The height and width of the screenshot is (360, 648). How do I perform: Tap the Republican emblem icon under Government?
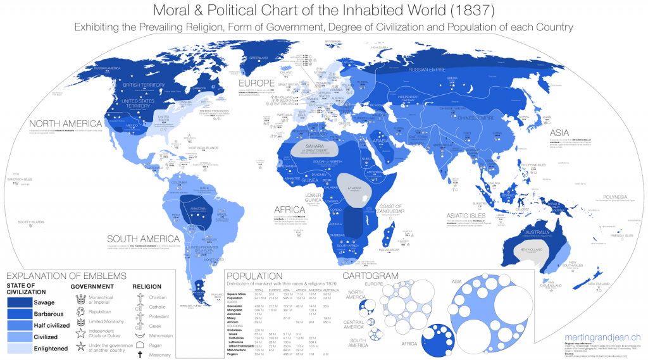tap(80, 312)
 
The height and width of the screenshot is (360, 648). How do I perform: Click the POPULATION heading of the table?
tap(254, 276)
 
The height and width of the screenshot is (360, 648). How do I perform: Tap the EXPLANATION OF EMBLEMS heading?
tap(66, 276)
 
